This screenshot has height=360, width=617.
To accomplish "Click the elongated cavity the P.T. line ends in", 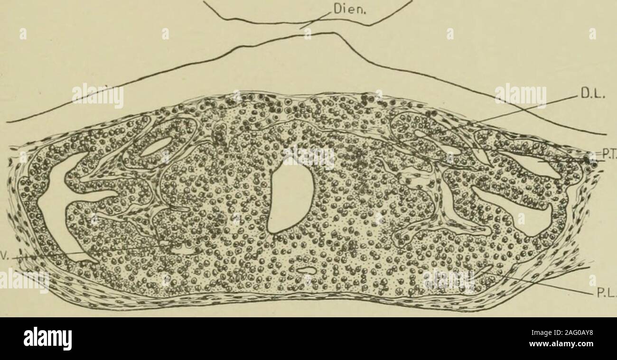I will click(x=546, y=166).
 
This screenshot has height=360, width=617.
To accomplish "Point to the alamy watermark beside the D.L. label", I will click(x=520, y=97).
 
